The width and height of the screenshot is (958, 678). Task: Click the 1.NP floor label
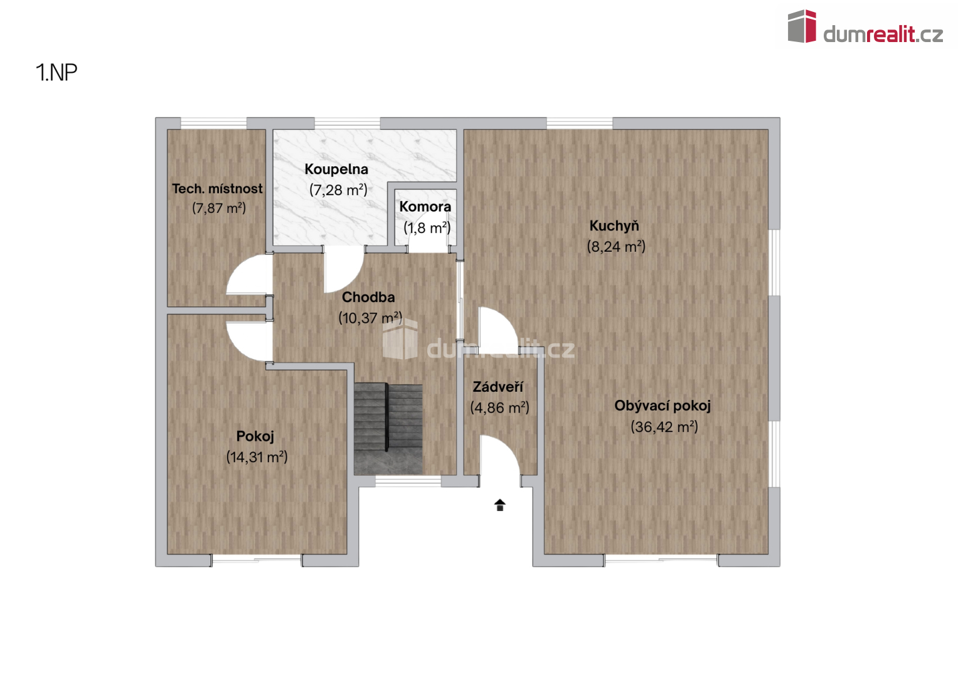click(x=56, y=72)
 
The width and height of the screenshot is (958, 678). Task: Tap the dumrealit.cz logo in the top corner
click(x=865, y=26)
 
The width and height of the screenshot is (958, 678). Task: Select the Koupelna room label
click(x=336, y=169)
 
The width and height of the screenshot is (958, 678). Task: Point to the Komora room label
click(x=425, y=207)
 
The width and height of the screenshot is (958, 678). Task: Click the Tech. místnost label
click(x=217, y=188)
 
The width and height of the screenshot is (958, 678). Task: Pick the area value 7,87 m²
click(x=219, y=208)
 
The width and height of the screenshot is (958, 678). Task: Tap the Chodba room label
click(x=368, y=297)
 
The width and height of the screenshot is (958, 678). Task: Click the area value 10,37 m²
click(x=370, y=318)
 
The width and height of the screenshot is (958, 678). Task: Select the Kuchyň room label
click(x=614, y=226)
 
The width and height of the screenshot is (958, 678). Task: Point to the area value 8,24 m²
click(x=616, y=246)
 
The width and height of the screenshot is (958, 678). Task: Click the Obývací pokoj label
click(x=663, y=406)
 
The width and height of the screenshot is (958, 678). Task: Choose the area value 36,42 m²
click(x=664, y=427)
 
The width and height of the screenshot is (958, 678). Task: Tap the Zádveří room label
click(x=498, y=387)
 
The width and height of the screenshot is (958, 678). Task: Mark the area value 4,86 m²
click(x=499, y=407)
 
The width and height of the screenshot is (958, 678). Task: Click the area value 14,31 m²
click(x=257, y=457)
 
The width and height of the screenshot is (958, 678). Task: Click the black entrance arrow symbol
click(x=500, y=505)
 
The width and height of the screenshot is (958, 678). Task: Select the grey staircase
click(x=388, y=429)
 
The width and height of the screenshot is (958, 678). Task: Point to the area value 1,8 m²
click(x=427, y=227)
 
